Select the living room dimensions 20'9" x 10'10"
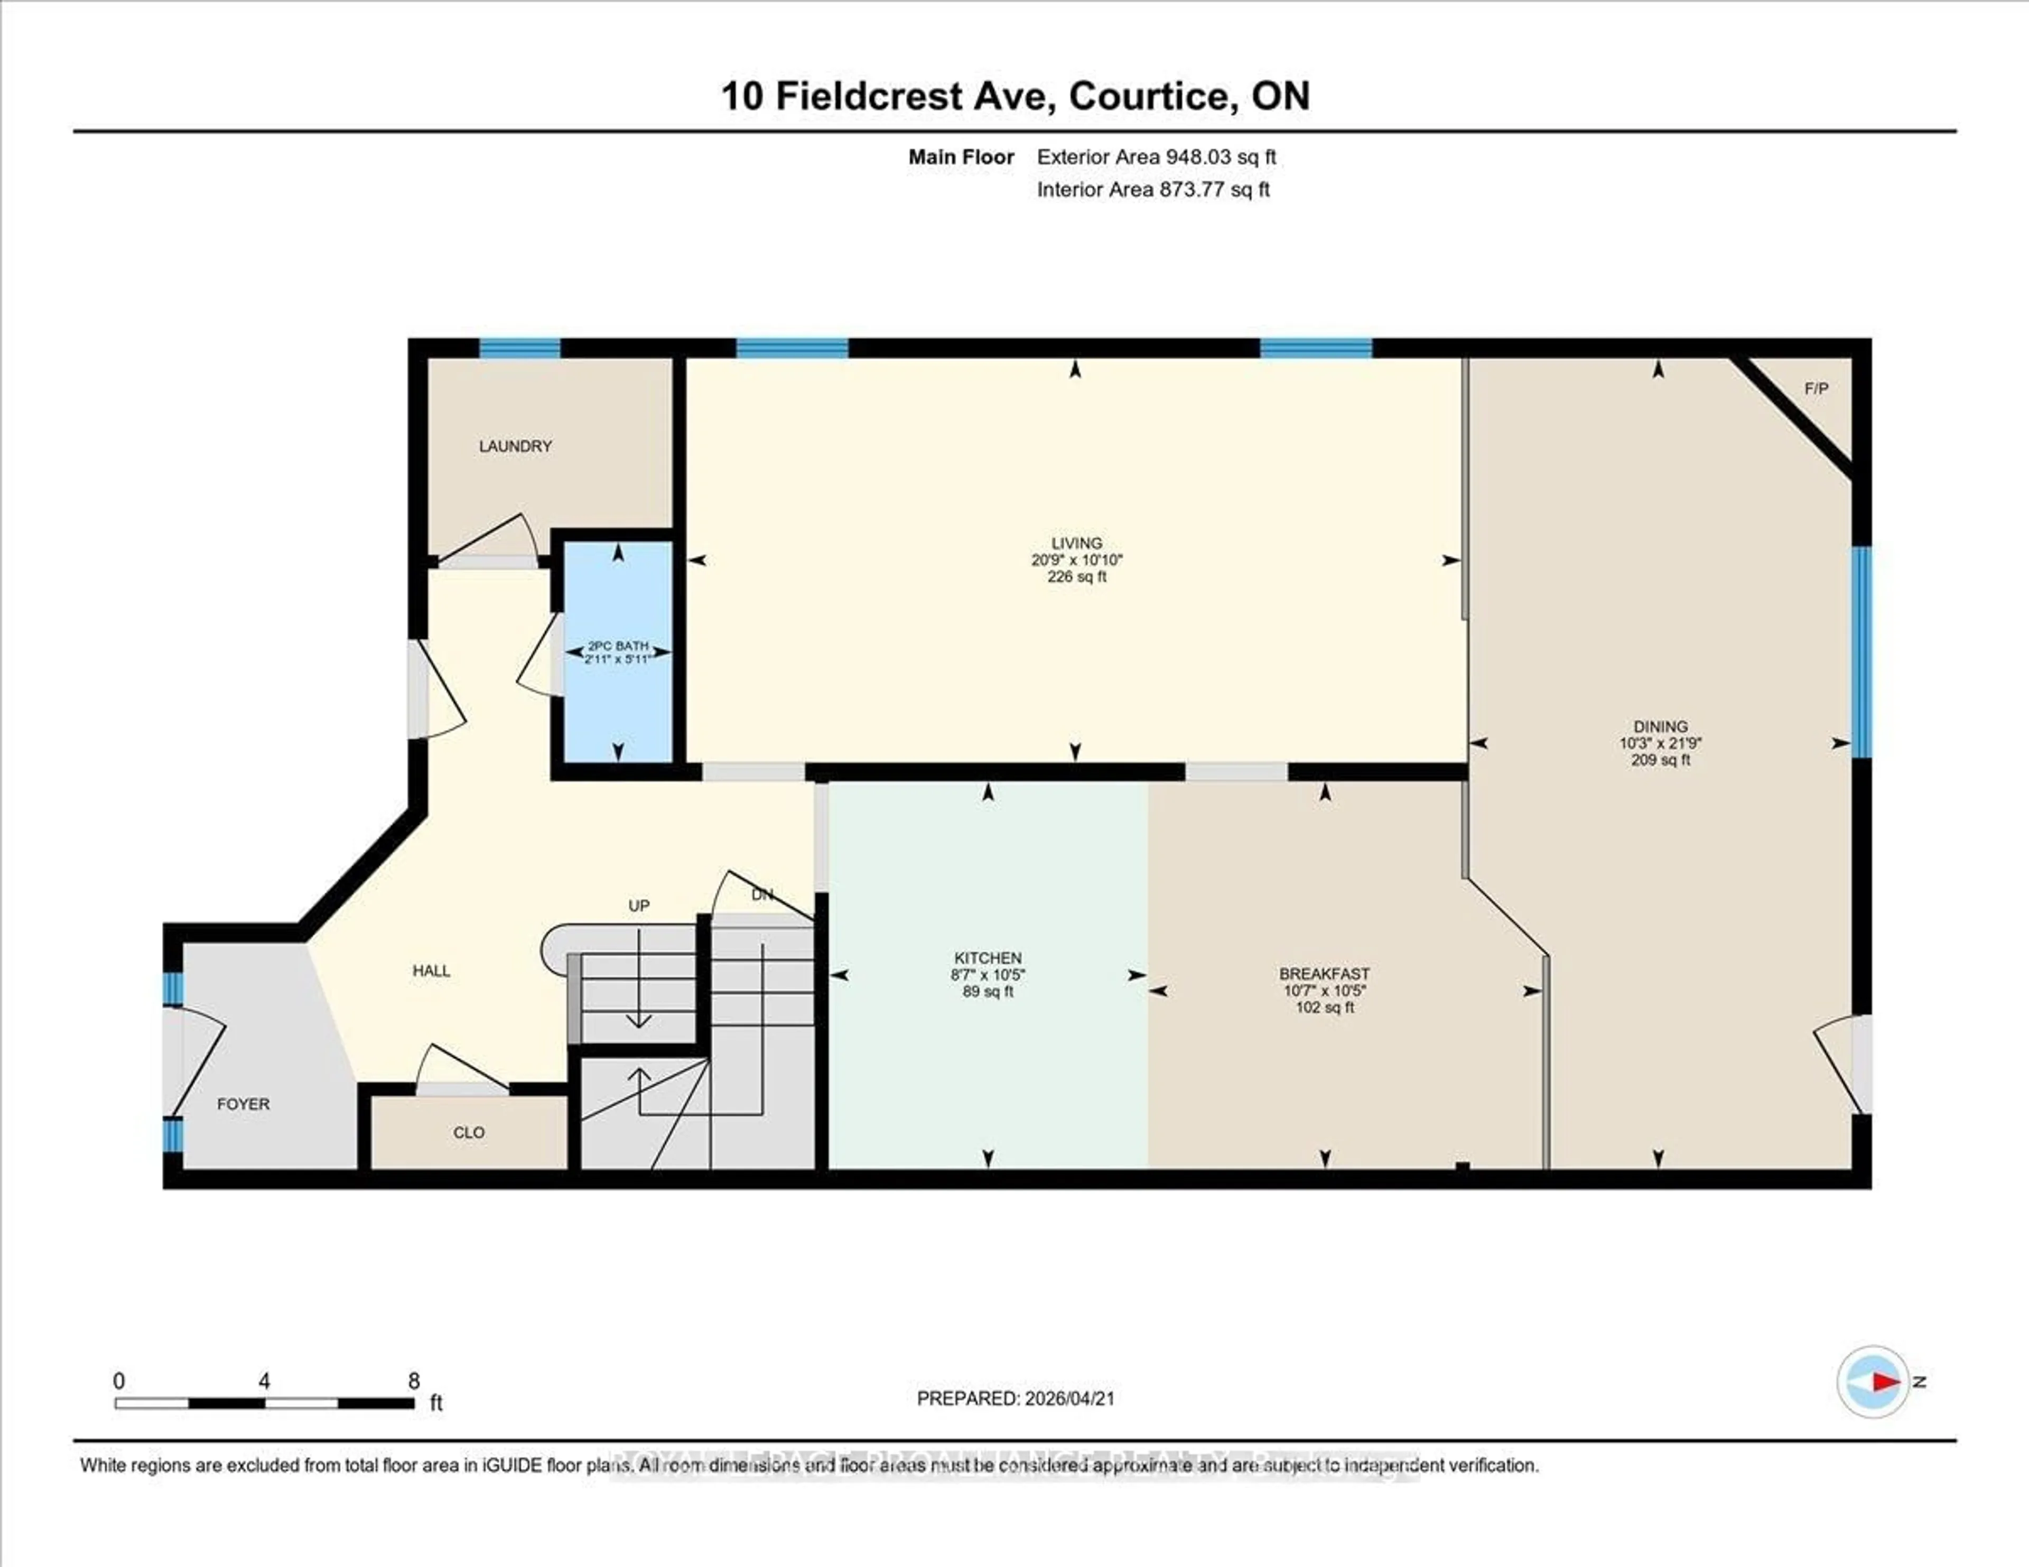1077,560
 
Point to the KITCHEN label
988,958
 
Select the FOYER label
244,1104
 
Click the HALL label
431,971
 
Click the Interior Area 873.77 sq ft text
1153,190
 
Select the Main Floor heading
961,157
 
